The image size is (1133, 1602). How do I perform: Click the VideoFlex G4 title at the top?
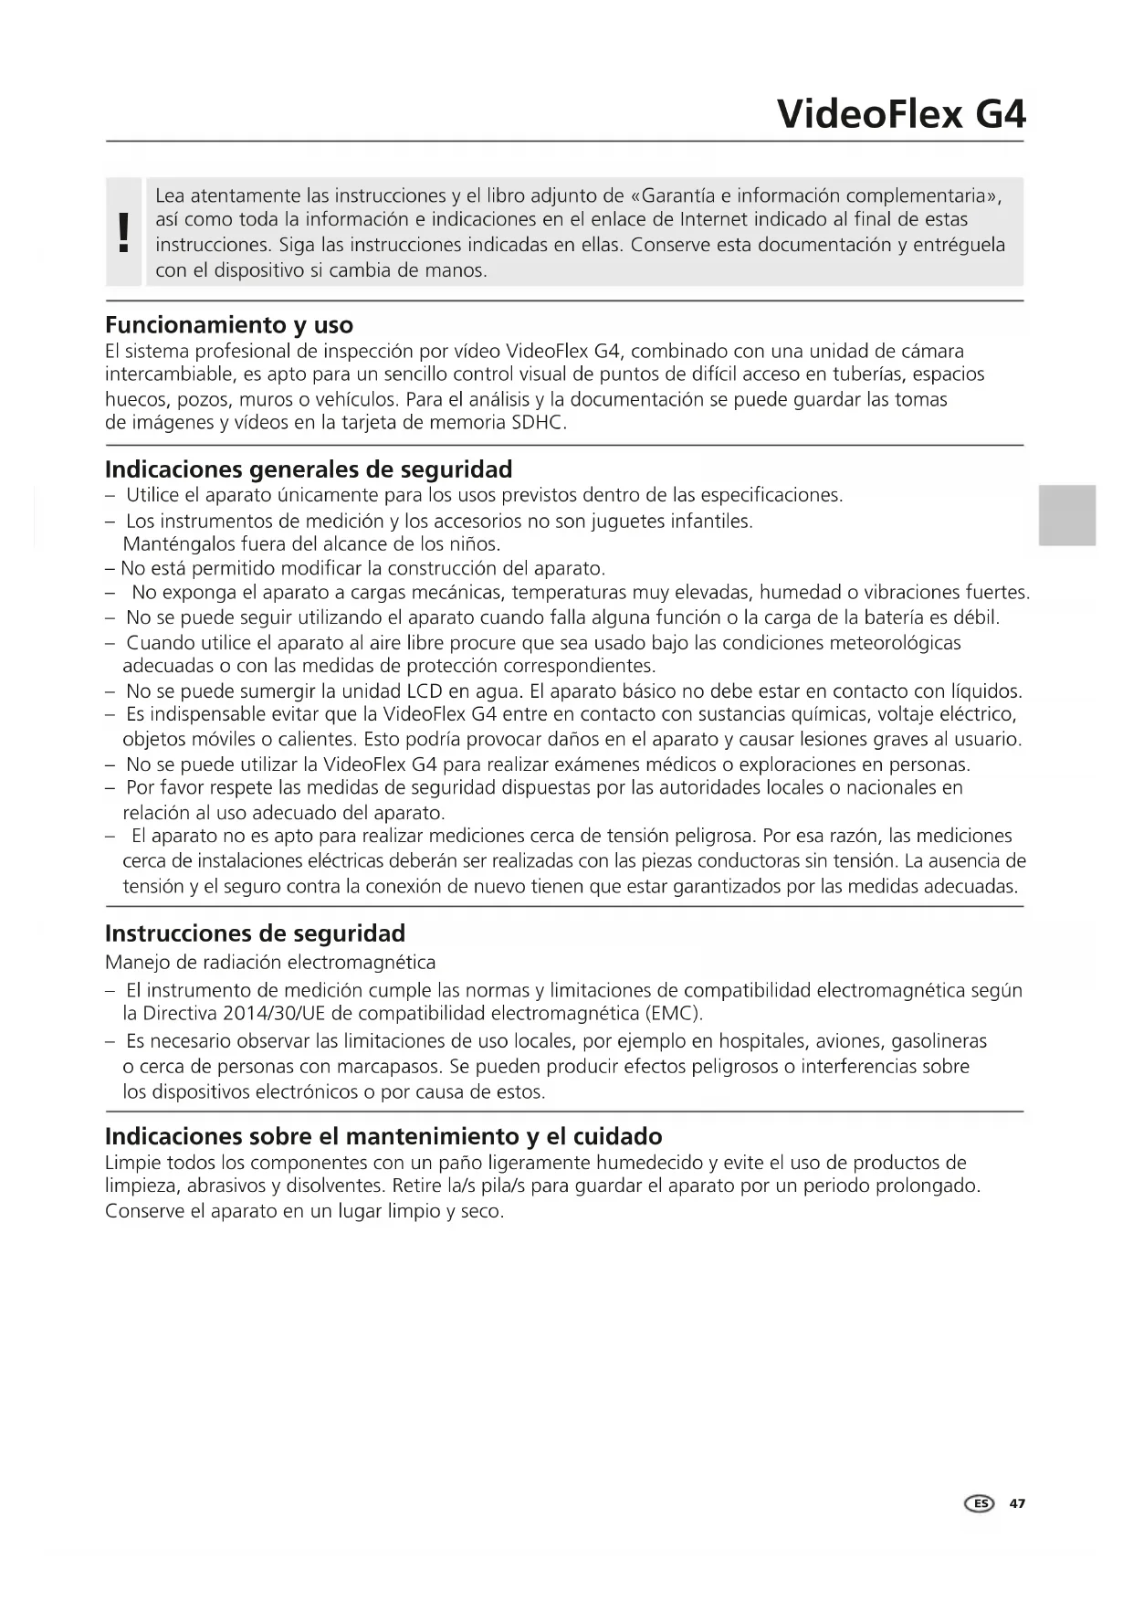click(901, 114)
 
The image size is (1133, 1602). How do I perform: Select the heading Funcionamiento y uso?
click(229, 325)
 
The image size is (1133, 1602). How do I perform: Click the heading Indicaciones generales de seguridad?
click(309, 469)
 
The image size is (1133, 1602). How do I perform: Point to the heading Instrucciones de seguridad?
click(255, 933)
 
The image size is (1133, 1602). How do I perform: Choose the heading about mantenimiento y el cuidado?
click(383, 1136)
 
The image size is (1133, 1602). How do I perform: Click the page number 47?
click(1017, 1503)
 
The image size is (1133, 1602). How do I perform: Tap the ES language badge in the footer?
click(980, 1503)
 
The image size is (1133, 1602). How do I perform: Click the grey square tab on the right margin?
click(1066, 515)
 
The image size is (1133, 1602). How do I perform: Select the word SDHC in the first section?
click(539, 423)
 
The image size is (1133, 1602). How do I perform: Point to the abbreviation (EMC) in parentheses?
click(674, 1014)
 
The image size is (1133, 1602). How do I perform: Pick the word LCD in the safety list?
click(425, 691)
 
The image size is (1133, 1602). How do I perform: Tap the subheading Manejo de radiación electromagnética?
click(270, 963)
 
